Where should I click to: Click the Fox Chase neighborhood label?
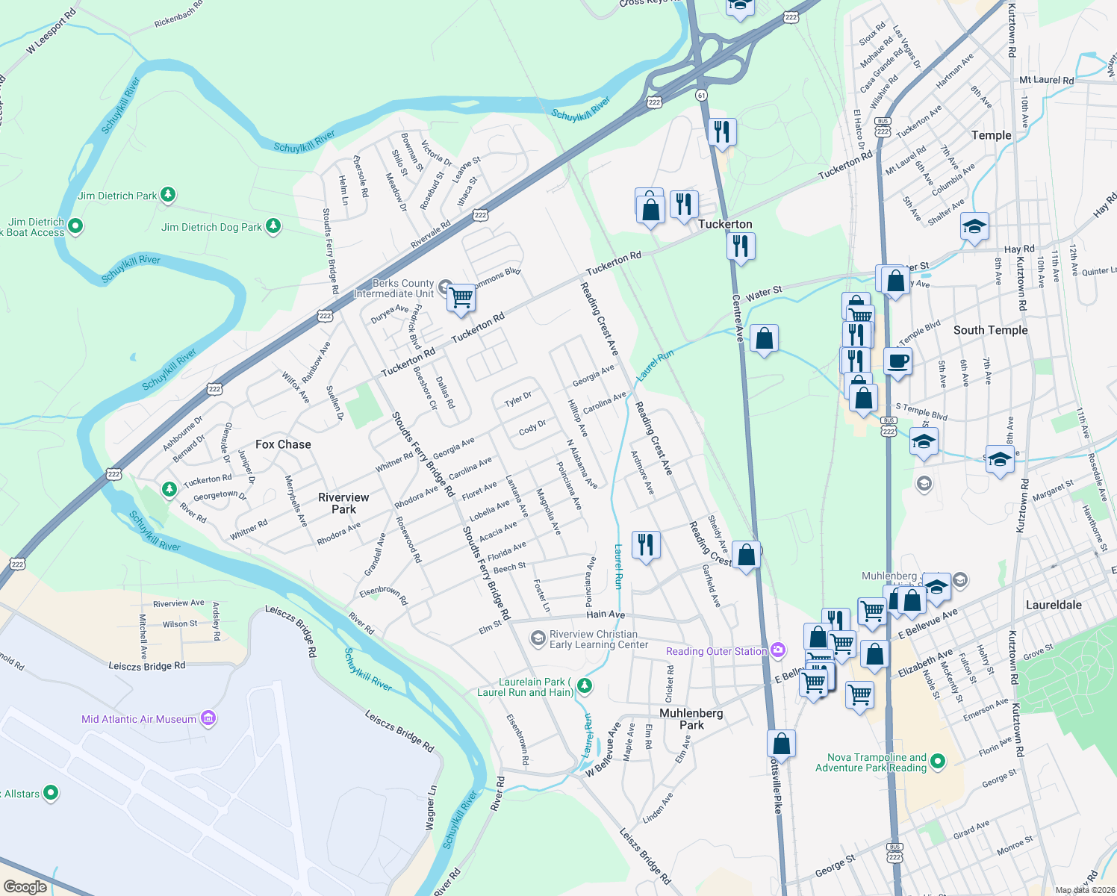click(283, 444)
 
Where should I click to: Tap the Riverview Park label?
click(343, 503)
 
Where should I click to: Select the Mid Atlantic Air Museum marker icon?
click(208, 718)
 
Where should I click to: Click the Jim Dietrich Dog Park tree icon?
click(273, 226)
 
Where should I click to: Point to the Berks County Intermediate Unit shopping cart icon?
click(461, 297)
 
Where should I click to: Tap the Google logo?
click(25, 886)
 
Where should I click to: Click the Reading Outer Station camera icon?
click(778, 650)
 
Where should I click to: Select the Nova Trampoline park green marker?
click(938, 762)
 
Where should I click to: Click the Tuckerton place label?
click(725, 224)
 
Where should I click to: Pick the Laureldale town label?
click(1054, 605)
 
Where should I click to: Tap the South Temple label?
click(990, 330)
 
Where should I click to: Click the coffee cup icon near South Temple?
click(898, 361)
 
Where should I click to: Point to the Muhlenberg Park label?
click(691, 719)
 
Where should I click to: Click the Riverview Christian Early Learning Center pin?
click(538, 638)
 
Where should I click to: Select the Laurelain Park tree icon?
click(585, 685)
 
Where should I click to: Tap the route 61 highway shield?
click(700, 95)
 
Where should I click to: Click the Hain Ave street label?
click(606, 615)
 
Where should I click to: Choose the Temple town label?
click(991, 135)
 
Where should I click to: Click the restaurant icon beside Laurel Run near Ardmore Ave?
click(646, 544)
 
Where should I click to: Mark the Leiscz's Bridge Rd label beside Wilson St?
click(146, 665)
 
